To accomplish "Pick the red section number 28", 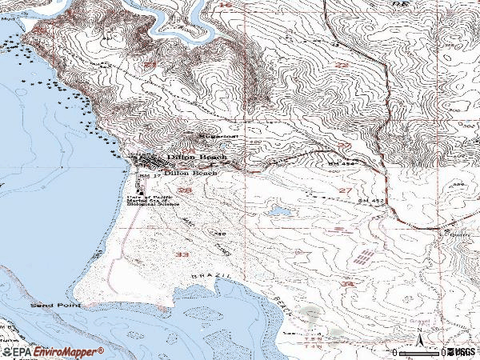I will [x=185, y=190].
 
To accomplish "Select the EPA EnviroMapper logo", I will [x=52, y=350].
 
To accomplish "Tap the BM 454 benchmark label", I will [x=341, y=163].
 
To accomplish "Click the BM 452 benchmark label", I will [x=370, y=200].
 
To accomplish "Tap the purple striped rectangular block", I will [x=364, y=258].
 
